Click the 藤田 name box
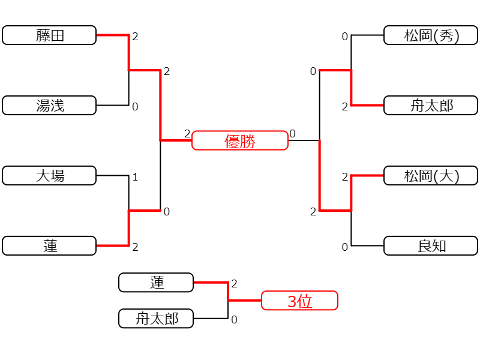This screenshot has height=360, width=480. pos(49,35)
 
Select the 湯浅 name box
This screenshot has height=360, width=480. pos(49,106)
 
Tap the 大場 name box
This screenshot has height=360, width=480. pos(49,175)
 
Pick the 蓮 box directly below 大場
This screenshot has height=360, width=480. pos(49,245)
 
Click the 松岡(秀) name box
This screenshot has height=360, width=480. pos(431,35)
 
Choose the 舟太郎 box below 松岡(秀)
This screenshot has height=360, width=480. pos(431,106)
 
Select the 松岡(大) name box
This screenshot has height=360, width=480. pos(431,175)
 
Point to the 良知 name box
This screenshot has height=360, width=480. pos(431,245)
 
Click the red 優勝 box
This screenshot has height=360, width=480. pos(240,140)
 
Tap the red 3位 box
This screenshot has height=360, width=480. pos(299,301)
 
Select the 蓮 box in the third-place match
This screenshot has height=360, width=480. pos(156,282)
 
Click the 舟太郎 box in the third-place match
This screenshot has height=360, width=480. pos(156,319)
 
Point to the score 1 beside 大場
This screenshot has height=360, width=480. pos(136,177)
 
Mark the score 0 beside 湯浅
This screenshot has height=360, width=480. pos(136,107)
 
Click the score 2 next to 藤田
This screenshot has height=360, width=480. pos(136,37)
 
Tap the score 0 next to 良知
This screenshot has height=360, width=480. pos(345,247)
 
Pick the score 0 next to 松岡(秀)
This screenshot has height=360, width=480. pos(345,37)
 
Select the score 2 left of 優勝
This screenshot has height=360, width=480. pos(187,134)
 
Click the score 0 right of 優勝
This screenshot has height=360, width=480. pos(293,134)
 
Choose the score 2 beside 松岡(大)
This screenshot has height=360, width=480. pos(345,177)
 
